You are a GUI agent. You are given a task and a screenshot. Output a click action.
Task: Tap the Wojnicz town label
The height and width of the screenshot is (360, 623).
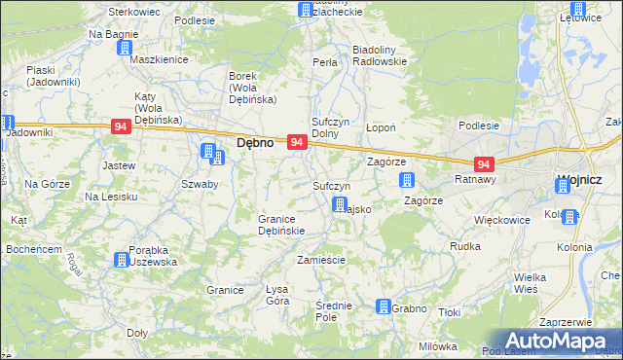pyautogui.click(x=579, y=181)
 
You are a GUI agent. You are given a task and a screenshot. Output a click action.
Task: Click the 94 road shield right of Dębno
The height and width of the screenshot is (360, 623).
pyautogui.click(x=298, y=142)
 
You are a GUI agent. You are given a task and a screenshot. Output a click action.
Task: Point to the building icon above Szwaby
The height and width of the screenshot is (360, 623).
pyautogui.click(x=208, y=151)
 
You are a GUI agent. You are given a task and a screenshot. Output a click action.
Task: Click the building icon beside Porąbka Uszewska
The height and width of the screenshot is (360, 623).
pyautogui.click(x=120, y=260)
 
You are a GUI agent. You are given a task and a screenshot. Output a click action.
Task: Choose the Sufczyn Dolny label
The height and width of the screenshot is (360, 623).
pyautogui.click(x=329, y=127)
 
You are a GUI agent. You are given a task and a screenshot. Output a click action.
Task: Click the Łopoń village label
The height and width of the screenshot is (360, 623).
pyautogui.click(x=379, y=127)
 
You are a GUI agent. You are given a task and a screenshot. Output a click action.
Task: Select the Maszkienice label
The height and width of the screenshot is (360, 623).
pyautogui.click(x=158, y=59)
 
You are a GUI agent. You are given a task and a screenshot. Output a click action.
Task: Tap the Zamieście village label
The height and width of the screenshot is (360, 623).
pyautogui.click(x=321, y=260)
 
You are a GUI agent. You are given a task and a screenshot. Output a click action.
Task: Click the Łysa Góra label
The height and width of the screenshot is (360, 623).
pyautogui.click(x=278, y=295)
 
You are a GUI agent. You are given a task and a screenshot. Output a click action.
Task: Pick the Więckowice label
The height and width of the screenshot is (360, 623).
pyautogui.click(x=501, y=220)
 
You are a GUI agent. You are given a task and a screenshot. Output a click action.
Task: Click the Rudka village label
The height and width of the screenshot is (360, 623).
pyautogui.click(x=465, y=246)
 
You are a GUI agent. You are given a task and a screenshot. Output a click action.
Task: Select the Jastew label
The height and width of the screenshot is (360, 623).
pyautogui.click(x=118, y=165)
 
